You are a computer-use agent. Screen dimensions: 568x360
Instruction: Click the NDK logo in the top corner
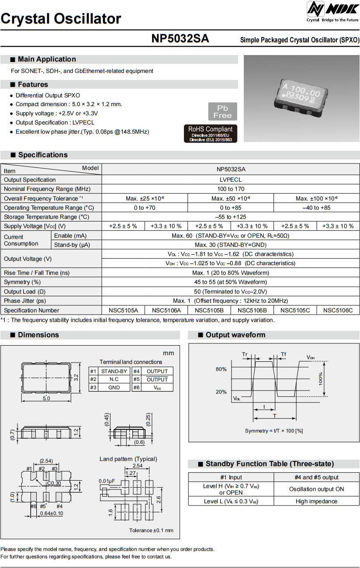(x=332, y=10)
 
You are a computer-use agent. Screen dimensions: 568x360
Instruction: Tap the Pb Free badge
(x=222, y=112)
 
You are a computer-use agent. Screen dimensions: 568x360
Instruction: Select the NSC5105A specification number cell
(x=123, y=310)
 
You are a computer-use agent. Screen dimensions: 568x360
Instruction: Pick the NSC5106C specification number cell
(x=338, y=310)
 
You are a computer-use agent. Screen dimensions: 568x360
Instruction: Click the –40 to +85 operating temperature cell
(x=316, y=208)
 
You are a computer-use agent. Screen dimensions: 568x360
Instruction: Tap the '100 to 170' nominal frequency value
(x=230, y=189)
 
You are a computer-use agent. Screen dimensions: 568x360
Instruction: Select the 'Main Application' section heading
(x=47, y=59)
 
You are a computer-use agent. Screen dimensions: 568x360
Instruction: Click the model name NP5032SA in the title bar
(x=180, y=39)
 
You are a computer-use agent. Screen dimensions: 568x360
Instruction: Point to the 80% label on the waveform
(x=221, y=369)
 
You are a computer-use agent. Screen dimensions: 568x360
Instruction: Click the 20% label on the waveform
(x=221, y=392)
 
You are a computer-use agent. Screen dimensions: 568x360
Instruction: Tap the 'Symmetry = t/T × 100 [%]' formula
(x=274, y=431)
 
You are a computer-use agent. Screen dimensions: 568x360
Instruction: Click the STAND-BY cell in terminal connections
(x=114, y=371)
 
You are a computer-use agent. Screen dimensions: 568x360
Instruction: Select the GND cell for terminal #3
(x=114, y=388)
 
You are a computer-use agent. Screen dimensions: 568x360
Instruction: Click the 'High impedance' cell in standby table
(x=316, y=501)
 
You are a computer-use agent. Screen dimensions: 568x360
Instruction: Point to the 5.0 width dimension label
(x=47, y=398)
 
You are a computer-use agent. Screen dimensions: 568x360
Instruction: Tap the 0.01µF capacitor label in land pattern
(x=107, y=481)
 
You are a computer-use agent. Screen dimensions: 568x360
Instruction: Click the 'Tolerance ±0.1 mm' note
(x=151, y=530)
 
